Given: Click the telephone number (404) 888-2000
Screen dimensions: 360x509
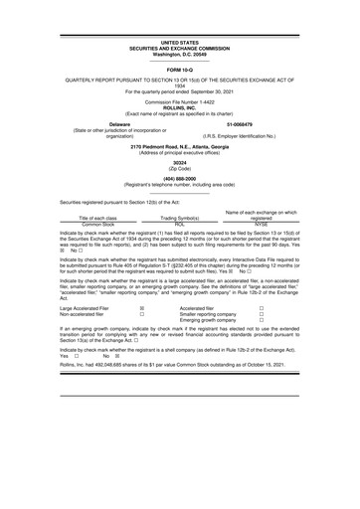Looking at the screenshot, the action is (x=179, y=176).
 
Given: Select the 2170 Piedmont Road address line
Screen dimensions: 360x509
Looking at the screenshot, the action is (x=179, y=145).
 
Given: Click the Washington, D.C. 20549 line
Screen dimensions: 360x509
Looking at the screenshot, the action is (x=179, y=53).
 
